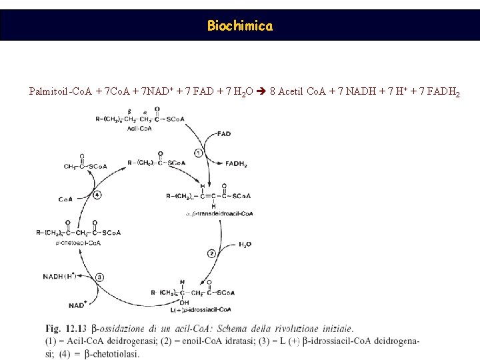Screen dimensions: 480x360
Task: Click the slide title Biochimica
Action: [239, 26]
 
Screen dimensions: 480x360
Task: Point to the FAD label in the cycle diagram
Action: [224, 134]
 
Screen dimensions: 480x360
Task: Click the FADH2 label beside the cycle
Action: [236, 163]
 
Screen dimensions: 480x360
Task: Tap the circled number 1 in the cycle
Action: [199, 153]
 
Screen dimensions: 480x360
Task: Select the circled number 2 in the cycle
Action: [211, 253]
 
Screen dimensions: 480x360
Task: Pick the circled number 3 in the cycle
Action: [99, 277]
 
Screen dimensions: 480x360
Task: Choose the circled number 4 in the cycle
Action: [97, 195]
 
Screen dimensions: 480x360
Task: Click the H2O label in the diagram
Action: [245, 244]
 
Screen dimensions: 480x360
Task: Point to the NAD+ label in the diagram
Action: [78, 305]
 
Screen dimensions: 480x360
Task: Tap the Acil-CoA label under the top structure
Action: [139, 128]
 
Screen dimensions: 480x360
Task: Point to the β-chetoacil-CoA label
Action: [79, 243]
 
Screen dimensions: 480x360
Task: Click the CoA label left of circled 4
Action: [65, 199]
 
